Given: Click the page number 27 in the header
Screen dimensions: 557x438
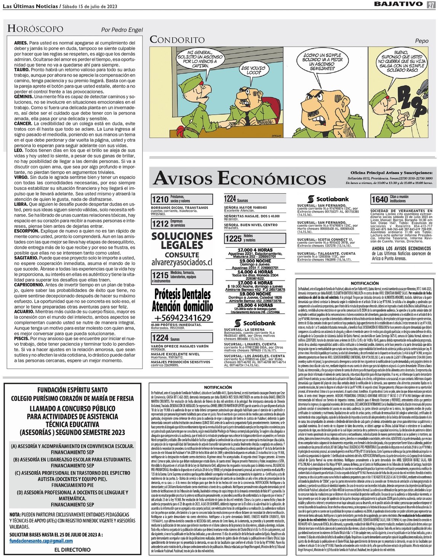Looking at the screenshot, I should coord(431,5).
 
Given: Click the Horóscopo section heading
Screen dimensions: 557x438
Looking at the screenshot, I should coord(35,29).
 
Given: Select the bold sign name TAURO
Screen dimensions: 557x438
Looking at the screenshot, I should coord(22,70).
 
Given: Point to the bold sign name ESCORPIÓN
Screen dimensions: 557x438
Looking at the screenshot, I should coord(27,231).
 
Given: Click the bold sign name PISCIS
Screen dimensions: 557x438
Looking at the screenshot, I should coord(22,338).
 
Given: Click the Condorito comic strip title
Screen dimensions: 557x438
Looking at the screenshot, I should coord(177,40).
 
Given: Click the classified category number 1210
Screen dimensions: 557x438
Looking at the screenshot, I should coord(160,199).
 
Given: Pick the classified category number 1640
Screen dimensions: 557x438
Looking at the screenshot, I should coord(379,199).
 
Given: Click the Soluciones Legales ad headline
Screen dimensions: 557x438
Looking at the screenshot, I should coord(182,241).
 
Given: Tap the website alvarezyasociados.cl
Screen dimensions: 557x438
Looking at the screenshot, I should coord(182,262).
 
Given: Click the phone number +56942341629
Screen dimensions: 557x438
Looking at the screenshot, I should coord(182,318).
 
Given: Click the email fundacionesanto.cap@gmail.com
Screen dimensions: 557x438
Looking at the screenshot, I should coord(41,541).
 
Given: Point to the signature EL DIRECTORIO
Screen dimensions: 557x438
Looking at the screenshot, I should coord(72,550).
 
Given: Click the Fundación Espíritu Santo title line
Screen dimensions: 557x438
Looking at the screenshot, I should coord(72,390).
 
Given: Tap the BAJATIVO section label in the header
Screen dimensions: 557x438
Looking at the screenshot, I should coord(398,4).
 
